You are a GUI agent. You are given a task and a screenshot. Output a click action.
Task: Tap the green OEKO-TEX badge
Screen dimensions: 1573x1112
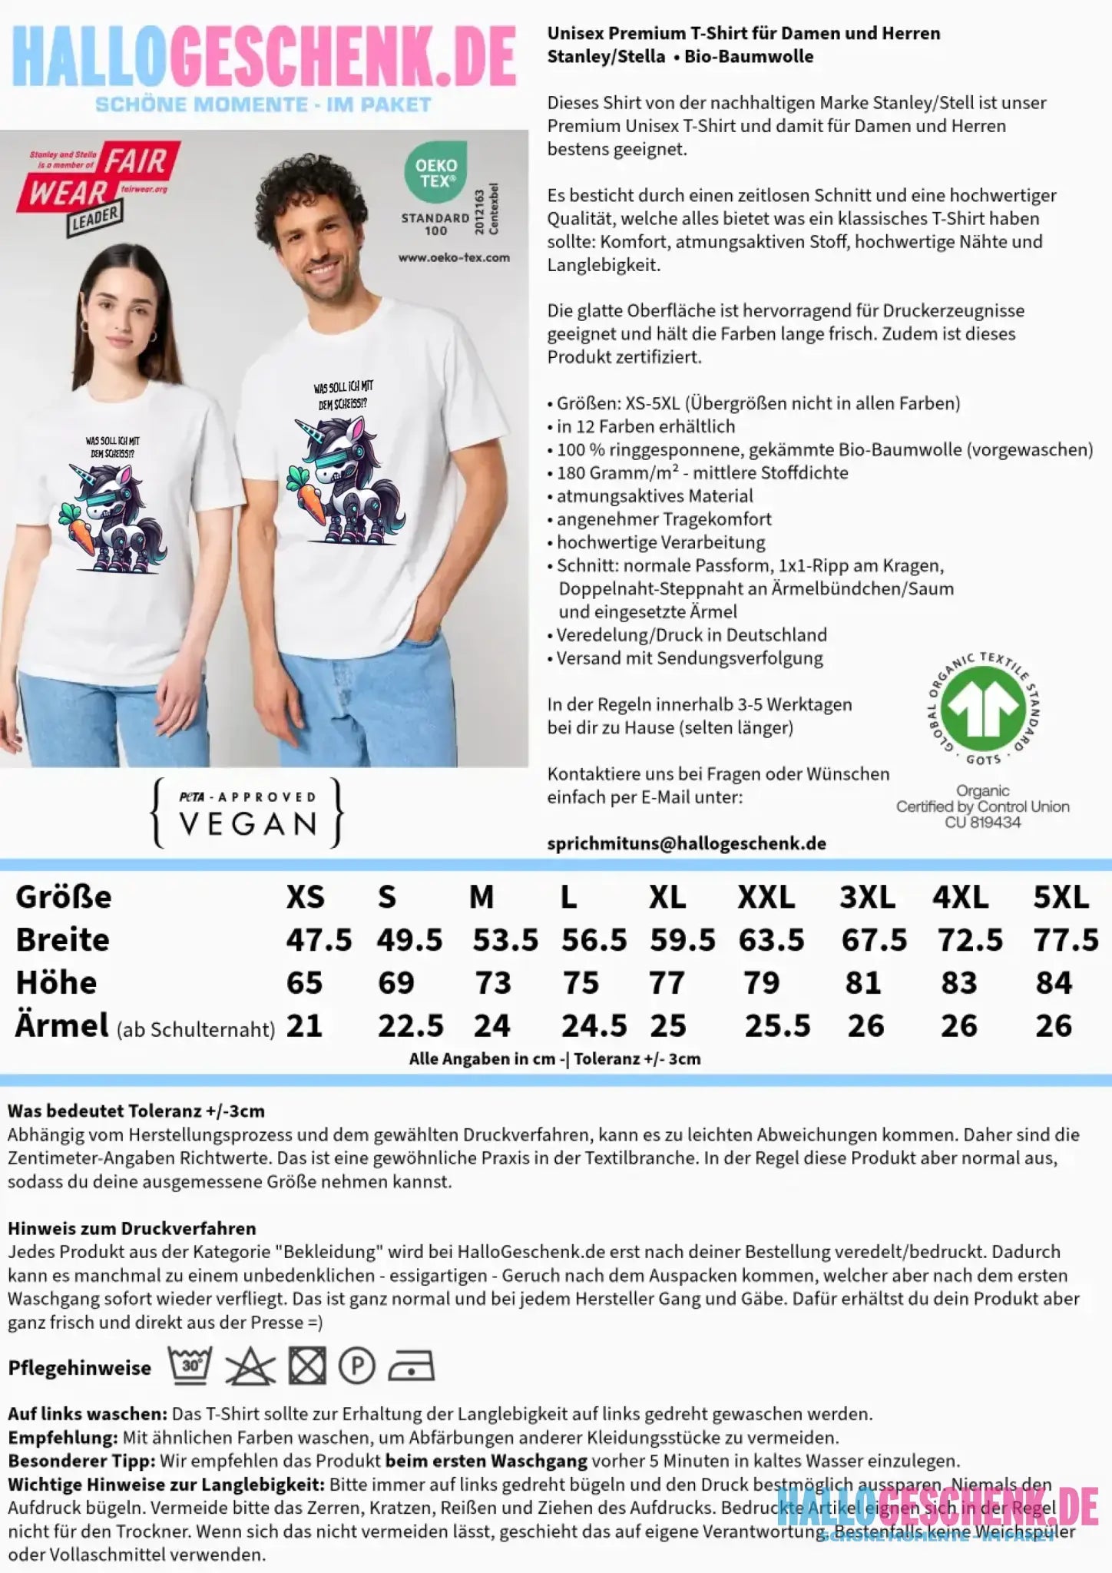click(x=435, y=173)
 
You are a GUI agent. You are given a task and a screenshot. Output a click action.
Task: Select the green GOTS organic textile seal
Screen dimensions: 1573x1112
click(x=983, y=708)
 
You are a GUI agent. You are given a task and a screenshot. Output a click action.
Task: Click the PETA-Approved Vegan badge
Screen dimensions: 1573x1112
click(x=247, y=813)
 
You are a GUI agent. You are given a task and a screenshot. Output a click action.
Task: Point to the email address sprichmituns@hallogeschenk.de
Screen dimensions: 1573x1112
click(x=686, y=843)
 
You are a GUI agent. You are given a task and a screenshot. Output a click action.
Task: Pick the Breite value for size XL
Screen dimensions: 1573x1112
click(x=682, y=940)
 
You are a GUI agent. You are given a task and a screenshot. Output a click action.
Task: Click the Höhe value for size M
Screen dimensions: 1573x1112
click(x=492, y=983)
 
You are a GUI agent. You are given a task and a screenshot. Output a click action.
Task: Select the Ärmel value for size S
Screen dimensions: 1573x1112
click(x=410, y=1026)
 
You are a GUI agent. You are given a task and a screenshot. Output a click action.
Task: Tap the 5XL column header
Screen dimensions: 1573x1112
click(x=1061, y=897)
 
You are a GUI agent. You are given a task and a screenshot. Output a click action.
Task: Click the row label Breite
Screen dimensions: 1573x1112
click(x=62, y=940)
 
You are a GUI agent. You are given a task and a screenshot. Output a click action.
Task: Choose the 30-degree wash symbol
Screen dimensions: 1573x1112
click(x=190, y=1366)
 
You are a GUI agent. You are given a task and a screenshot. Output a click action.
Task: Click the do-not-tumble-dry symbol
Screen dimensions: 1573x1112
click(x=306, y=1366)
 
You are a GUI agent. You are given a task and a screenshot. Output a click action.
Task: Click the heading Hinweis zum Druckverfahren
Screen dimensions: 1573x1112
click(x=131, y=1228)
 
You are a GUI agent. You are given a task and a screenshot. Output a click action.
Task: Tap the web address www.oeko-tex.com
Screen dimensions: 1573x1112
click(x=453, y=257)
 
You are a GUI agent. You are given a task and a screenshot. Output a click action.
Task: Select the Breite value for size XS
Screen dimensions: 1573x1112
click(x=319, y=940)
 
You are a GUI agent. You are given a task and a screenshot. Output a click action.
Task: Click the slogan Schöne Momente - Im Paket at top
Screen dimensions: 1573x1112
click(x=263, y=104)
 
